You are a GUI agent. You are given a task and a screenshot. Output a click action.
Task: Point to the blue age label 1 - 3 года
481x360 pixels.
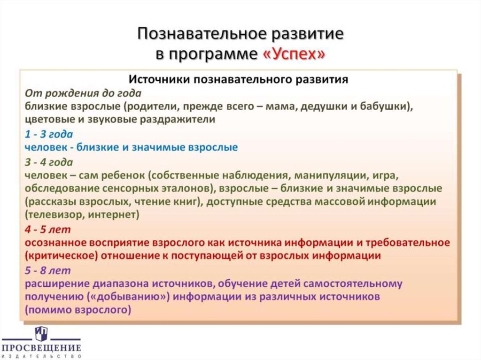[x=49, y=134]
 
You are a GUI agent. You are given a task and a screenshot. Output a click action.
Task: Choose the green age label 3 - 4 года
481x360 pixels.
[x=49, y=162]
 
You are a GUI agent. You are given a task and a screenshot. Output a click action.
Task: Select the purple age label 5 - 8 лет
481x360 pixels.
[x=48, y=270]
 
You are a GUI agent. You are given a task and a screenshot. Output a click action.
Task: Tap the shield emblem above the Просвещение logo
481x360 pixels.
[x=41, y=333]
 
